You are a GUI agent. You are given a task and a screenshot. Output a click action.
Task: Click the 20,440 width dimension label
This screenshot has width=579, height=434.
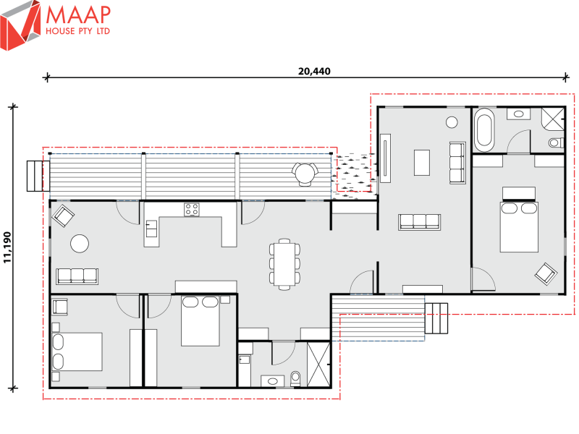point(309,72)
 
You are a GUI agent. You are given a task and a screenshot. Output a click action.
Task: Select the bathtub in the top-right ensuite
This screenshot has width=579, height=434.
point(484,129)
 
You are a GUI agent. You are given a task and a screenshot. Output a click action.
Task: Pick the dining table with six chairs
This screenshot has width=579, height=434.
point(283,263)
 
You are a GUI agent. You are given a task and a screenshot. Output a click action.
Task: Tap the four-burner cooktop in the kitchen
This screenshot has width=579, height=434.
point(192,210)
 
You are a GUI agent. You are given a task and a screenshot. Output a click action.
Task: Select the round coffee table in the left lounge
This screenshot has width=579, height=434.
point(79,244)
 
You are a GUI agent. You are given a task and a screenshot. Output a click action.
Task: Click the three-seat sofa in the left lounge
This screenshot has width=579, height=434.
point(77,276)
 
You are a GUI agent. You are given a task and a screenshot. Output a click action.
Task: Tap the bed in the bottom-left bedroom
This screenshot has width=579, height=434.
point(77,352)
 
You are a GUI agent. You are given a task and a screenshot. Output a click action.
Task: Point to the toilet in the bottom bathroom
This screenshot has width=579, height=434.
point(295,377)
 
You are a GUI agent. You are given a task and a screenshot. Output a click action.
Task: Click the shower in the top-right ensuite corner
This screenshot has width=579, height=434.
point(554,118)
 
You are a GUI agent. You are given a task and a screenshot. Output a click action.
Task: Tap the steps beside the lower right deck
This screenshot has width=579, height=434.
point(438,318)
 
